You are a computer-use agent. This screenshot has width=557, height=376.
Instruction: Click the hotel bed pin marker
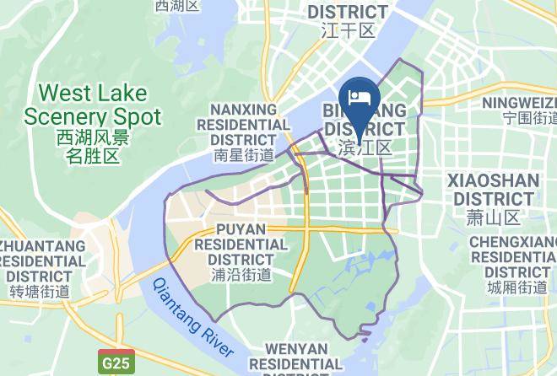point(359,97)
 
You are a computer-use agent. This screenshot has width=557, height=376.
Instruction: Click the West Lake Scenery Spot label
point(92,104)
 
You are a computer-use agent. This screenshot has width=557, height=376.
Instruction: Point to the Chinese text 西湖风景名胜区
point(92,146)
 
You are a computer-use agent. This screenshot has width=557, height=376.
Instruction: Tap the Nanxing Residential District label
point(244,124)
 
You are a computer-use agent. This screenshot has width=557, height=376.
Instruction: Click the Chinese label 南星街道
point(244,155)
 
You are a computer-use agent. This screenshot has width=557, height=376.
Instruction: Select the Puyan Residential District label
point(241,244)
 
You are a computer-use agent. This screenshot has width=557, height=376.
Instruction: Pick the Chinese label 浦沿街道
point(241,274)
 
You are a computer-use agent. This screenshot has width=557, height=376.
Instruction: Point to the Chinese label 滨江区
point(365,148)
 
